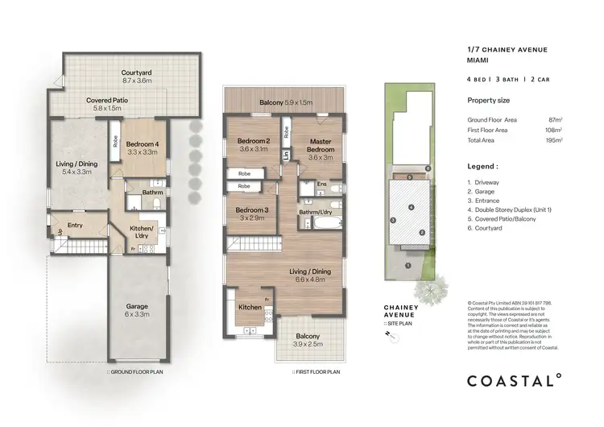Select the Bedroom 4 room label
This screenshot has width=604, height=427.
147,148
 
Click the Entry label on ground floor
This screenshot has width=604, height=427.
76,226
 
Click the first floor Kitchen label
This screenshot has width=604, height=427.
249,308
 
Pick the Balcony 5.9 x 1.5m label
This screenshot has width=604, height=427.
285,103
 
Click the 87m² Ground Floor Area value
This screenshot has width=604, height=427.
555,119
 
